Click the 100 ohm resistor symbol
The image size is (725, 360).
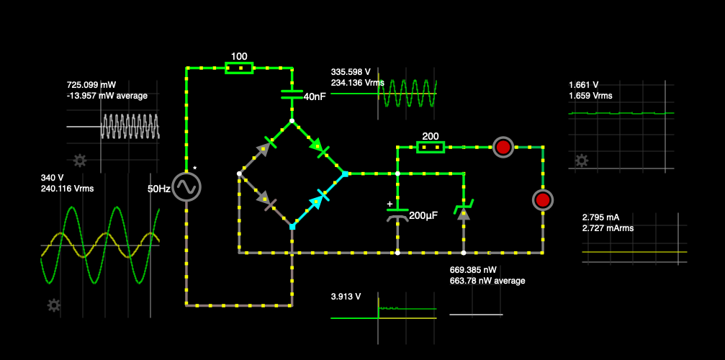tap(239, 68)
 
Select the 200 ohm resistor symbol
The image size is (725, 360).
tap(431, 148)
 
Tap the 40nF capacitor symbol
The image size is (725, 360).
tap(292, 93)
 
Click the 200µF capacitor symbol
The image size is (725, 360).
tap(397, 214)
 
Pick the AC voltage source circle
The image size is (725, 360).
tap(186, 186)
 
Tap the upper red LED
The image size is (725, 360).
tap(503, 148)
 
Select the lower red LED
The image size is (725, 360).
tap(543, 199)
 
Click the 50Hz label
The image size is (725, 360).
tap(158, 189)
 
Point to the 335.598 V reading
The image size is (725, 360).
tap(351, 72)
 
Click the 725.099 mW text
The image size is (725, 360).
tap(91, 84)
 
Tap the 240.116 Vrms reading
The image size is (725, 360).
tap(68, 189)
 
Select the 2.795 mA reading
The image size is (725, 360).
tap(600, 217)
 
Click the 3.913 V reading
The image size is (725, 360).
tap(346, 296)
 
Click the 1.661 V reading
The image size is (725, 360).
tap(583, 84)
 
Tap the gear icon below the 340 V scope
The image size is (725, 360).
tap(53, 305)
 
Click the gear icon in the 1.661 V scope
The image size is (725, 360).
tap(582, 161)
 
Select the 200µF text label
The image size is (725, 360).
tap(423, 215)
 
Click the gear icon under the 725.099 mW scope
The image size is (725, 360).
tap(79, 160)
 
